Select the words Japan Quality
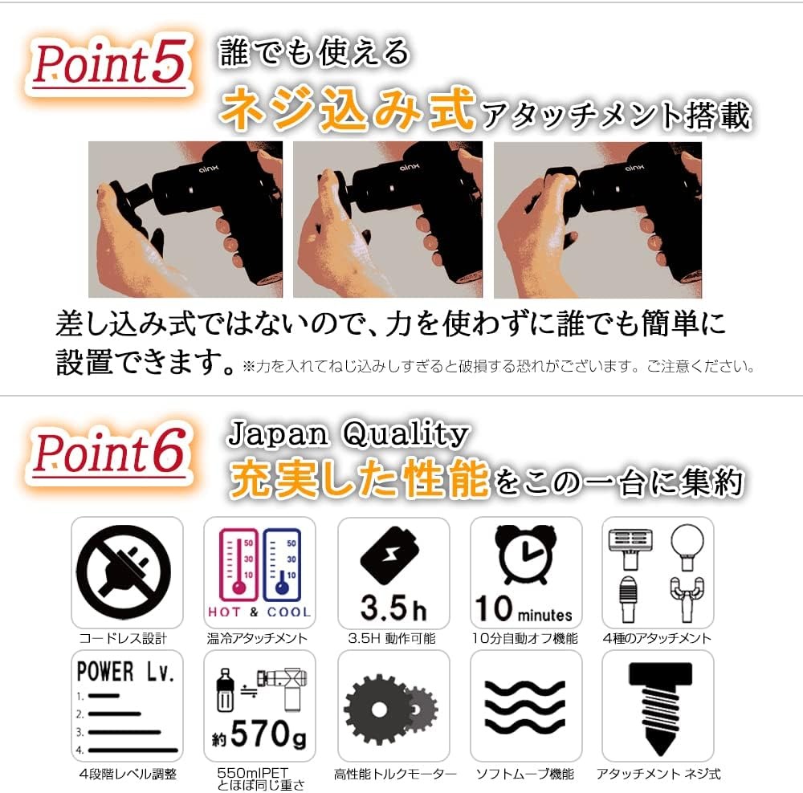point(347,435)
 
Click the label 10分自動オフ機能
point(526,639)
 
